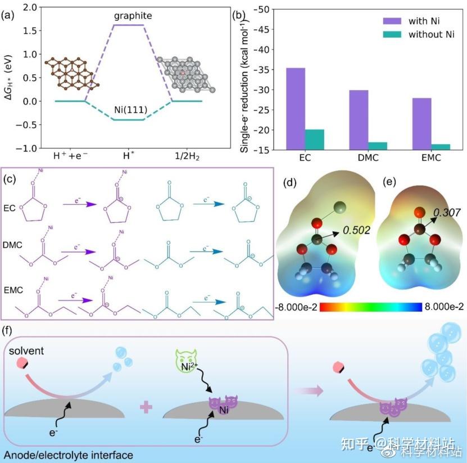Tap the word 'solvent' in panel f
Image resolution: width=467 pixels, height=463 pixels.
click(26, 351)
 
